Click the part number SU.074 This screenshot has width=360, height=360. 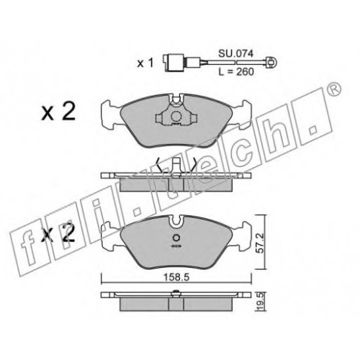[x=235, y=54]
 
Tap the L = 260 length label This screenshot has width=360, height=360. [x=236, y=71]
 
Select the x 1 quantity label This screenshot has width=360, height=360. [x=145, y=63]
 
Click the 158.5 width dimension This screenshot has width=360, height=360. [x=176, y=277]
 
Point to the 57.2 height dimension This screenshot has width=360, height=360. [x=258, y=244]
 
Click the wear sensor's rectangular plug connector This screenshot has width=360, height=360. [x=170, y=63]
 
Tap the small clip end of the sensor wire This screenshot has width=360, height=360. [x=271, y=63]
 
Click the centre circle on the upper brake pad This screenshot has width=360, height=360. [x=176, y=117]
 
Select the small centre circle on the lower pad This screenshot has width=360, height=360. [x=176, y=238]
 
